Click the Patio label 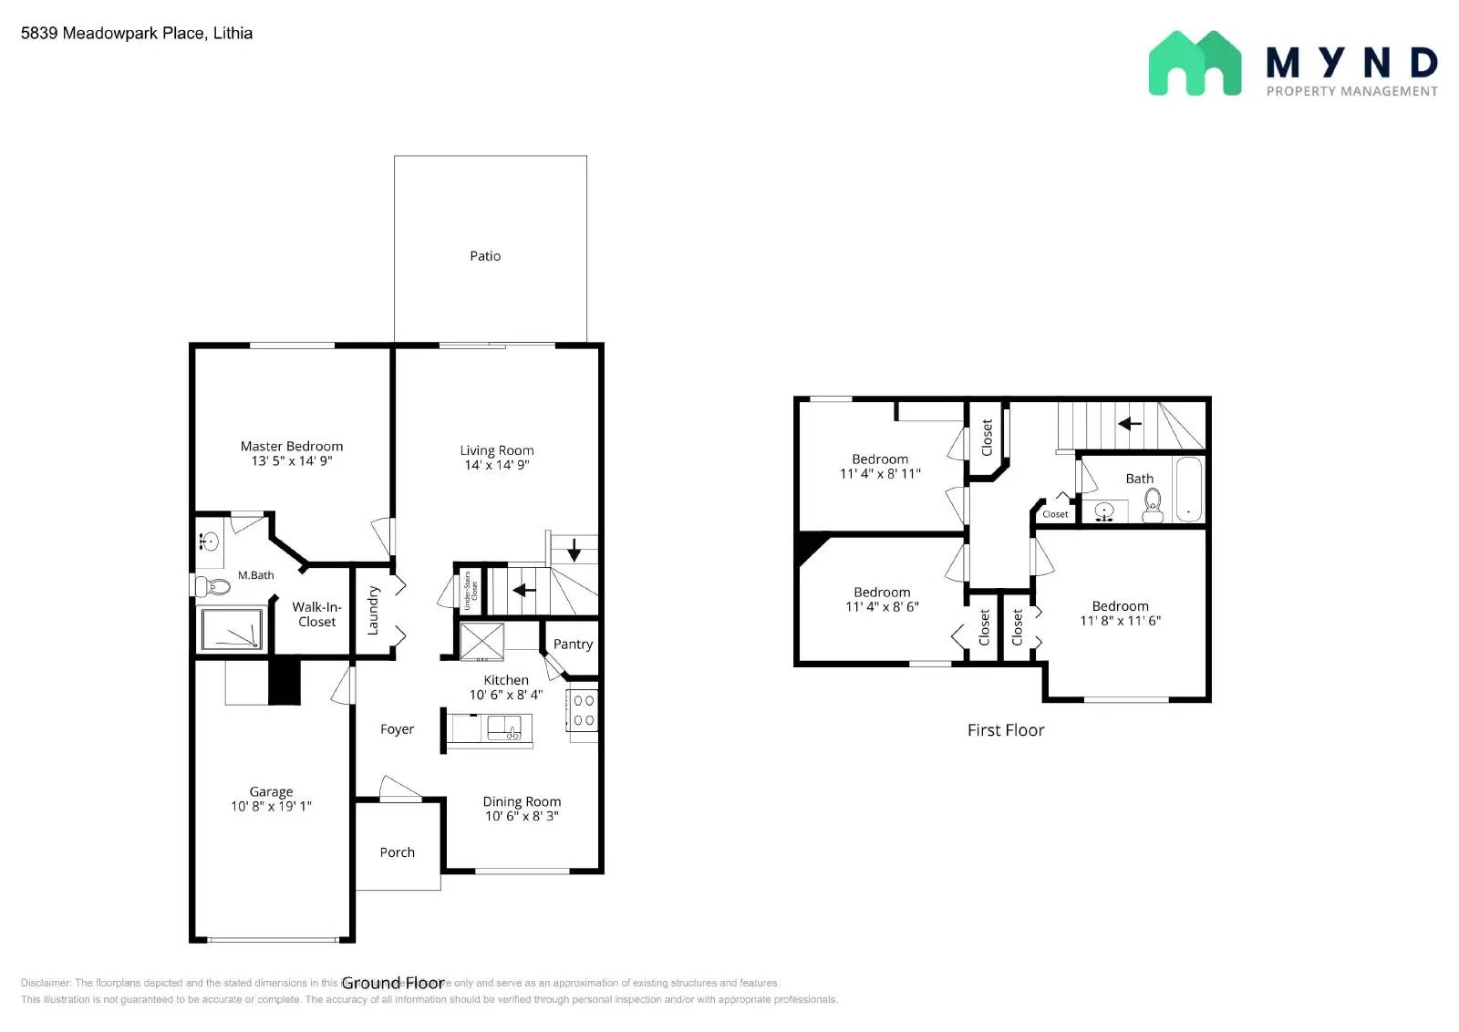(485, 256)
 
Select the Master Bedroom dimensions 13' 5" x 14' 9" (292, 461)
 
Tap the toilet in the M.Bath (212, 585)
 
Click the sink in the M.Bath (210, 542)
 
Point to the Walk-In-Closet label (316, 614)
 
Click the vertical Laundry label (373, 611)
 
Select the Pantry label (573, 645)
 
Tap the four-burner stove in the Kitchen (584, 710)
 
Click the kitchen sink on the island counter (504, 728)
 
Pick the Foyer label (397, 729)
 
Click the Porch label (397, 852)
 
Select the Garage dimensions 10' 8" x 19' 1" (271, 806)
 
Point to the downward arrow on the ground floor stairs (574, 550)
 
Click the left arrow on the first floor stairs (1130, 423)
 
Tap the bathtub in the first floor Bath (1188, 490)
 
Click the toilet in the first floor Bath (1153, 504)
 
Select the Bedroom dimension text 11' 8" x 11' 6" (1120, 621)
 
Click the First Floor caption (1005, 730)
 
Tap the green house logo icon (1195, 63)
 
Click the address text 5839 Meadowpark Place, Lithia (137, 34)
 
